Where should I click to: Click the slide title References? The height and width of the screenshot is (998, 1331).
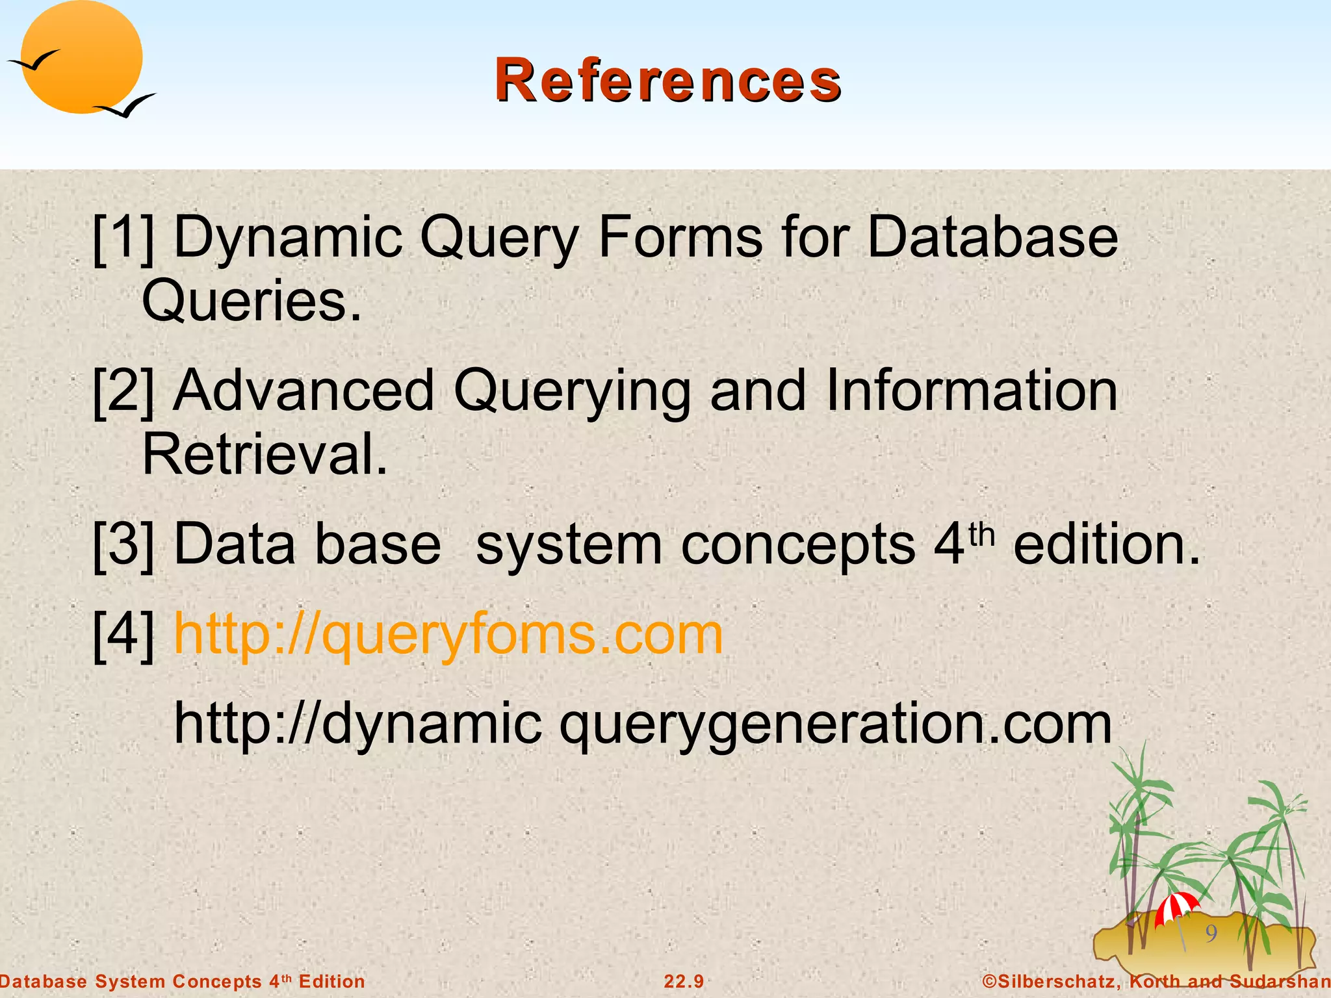pyautogui.click(x=667, y=81)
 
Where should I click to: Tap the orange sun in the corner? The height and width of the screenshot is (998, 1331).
pyautogui.click(x=81, y=57)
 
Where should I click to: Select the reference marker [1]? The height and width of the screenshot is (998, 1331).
pyautogui.click(x=123, y=238)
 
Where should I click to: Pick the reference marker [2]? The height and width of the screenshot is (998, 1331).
pyautogui.click(x=123, y=391)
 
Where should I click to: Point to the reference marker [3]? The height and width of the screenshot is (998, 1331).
pyautogui.click(x=123, y=544)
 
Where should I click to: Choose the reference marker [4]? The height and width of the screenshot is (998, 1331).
pyautogui.click(x=123, y=635)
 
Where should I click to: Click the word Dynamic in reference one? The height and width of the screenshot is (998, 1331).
pyautogui.click(x=289, y=238)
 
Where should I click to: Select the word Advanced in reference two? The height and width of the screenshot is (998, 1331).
pyautogui.click(x=304, y=391)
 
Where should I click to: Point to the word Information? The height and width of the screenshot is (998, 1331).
pyautogui.click(x=972, y=391)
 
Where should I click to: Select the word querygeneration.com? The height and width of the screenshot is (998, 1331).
pyautogui.click(x=836, y=724)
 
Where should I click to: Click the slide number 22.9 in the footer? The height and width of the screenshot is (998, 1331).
pyautogui.click(x=684, y=981)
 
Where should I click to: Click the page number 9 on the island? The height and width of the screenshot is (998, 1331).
pyautogui.click(x=1211, y=934)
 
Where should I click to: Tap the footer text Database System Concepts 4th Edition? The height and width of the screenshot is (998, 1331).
pyautogui.click(x=183, y=981)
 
